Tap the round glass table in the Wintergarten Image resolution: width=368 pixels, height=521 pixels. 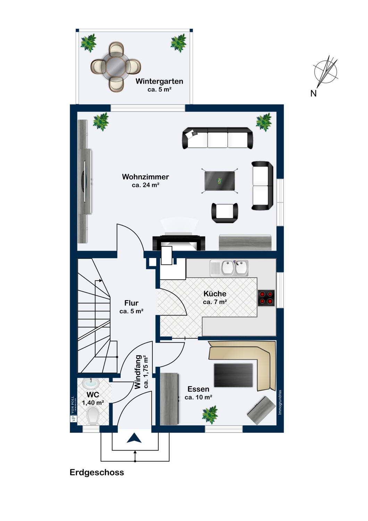click(x=116, y=67)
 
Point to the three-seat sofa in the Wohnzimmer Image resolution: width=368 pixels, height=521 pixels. click(x=218, y=138)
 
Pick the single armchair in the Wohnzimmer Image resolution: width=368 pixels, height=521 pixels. click(x=225, y=213)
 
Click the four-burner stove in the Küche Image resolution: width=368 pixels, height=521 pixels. click(x=266, y=298)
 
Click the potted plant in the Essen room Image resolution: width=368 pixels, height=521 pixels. click(x=210, y=414)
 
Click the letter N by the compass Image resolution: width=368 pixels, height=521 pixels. click(x=313, y=93)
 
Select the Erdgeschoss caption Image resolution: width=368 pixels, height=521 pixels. click(x=97, y=472)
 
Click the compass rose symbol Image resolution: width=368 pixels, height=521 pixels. click(x=325, y=71)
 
